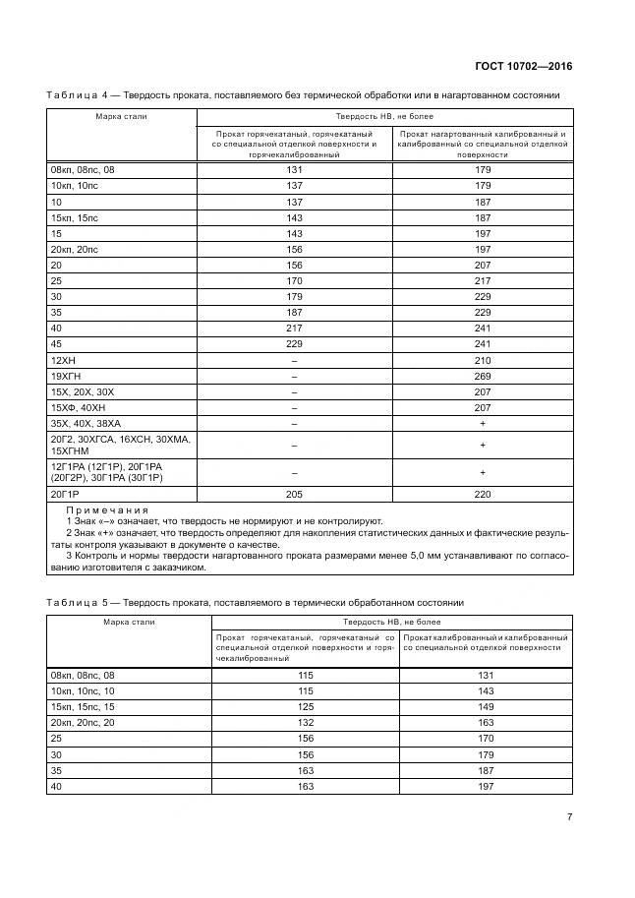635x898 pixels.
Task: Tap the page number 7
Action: (x=569, y=816)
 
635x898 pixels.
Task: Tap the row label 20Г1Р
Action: (x=65, y=494)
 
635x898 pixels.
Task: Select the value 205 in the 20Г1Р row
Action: (x=293, y=494)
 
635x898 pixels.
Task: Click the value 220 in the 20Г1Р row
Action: (x=482, y=494)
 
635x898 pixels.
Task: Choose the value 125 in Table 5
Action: (x=307, y=706)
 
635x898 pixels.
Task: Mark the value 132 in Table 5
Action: (x=307, y=722)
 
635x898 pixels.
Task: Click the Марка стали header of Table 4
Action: (x=121, y=116)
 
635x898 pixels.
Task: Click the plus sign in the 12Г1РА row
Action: (x=482, y=472)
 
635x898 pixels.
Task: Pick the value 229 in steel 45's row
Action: (x=293, y=343)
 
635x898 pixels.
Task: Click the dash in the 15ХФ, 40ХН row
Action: (x=293, y=406)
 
